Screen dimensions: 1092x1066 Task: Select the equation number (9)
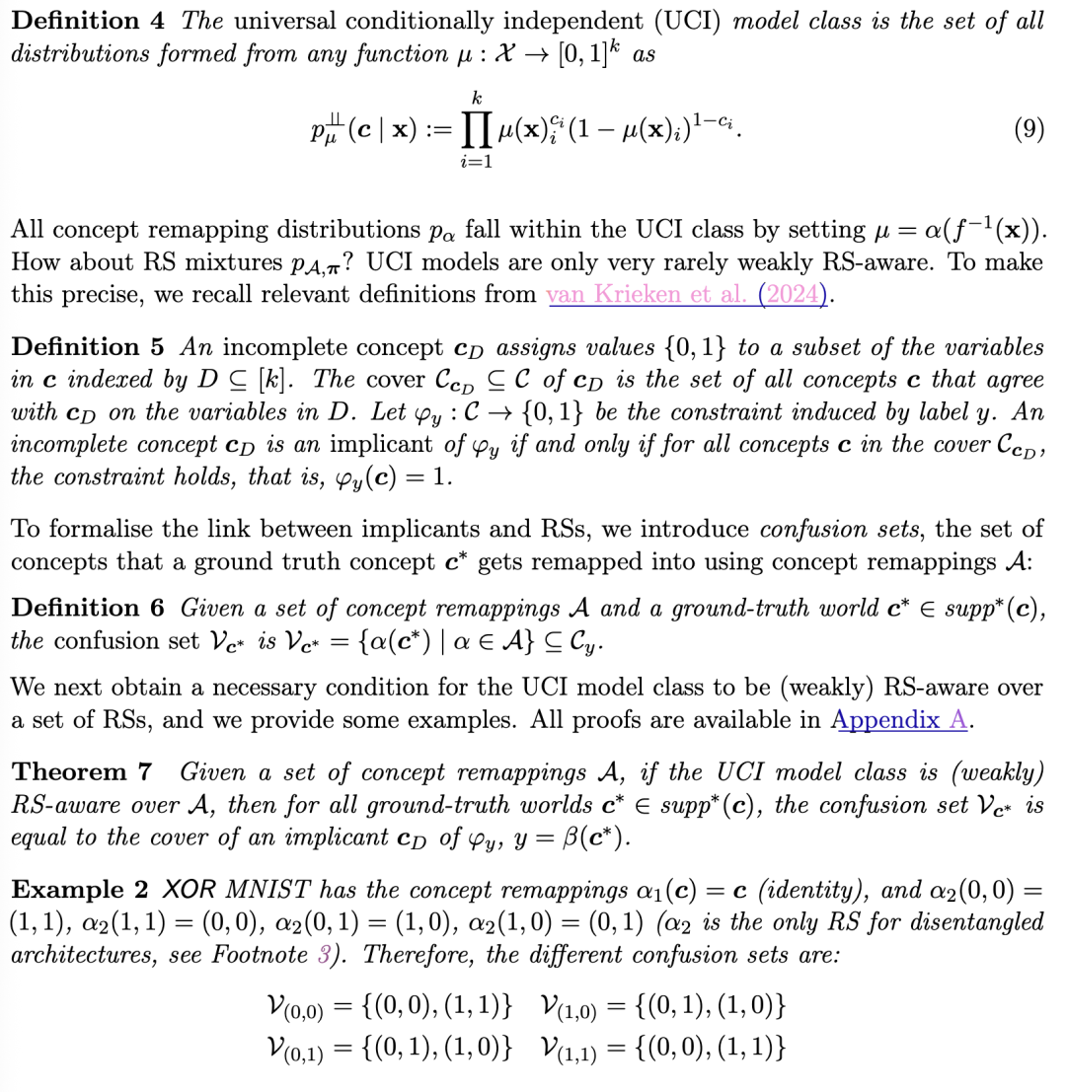tap(1028, 130)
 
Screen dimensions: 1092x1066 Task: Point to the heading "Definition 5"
tap(89, 347)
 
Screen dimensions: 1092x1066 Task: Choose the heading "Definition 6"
tap(89, 608)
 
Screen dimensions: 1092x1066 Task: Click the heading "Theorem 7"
tap(84, 770)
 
